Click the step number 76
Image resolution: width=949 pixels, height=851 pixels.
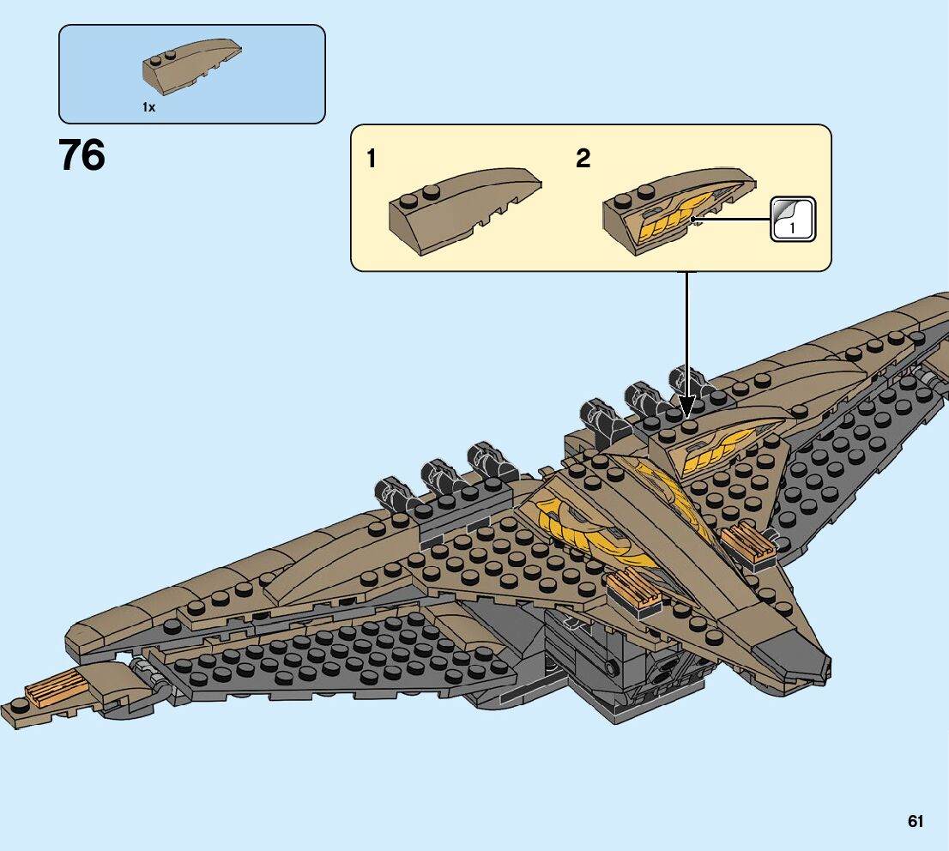pyautogui.click(x=82, y=156)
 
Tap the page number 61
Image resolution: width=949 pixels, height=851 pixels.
pyautogui.click(x=916, y=821)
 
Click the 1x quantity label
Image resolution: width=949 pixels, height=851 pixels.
pyautogui.click(x=148, y=107)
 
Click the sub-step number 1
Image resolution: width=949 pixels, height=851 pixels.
pyautogui.click(x=372, y=159)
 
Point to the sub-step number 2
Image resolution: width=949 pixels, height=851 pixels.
pyautogui.click(x=583, y=159)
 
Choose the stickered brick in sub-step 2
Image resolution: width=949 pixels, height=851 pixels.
pyautogui.click(x=678, y=210)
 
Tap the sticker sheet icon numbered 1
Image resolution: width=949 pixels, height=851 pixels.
pyautogui.click(x=793, y=219)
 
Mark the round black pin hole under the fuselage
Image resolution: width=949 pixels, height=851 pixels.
pyautogui.click(x=610, y=668)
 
